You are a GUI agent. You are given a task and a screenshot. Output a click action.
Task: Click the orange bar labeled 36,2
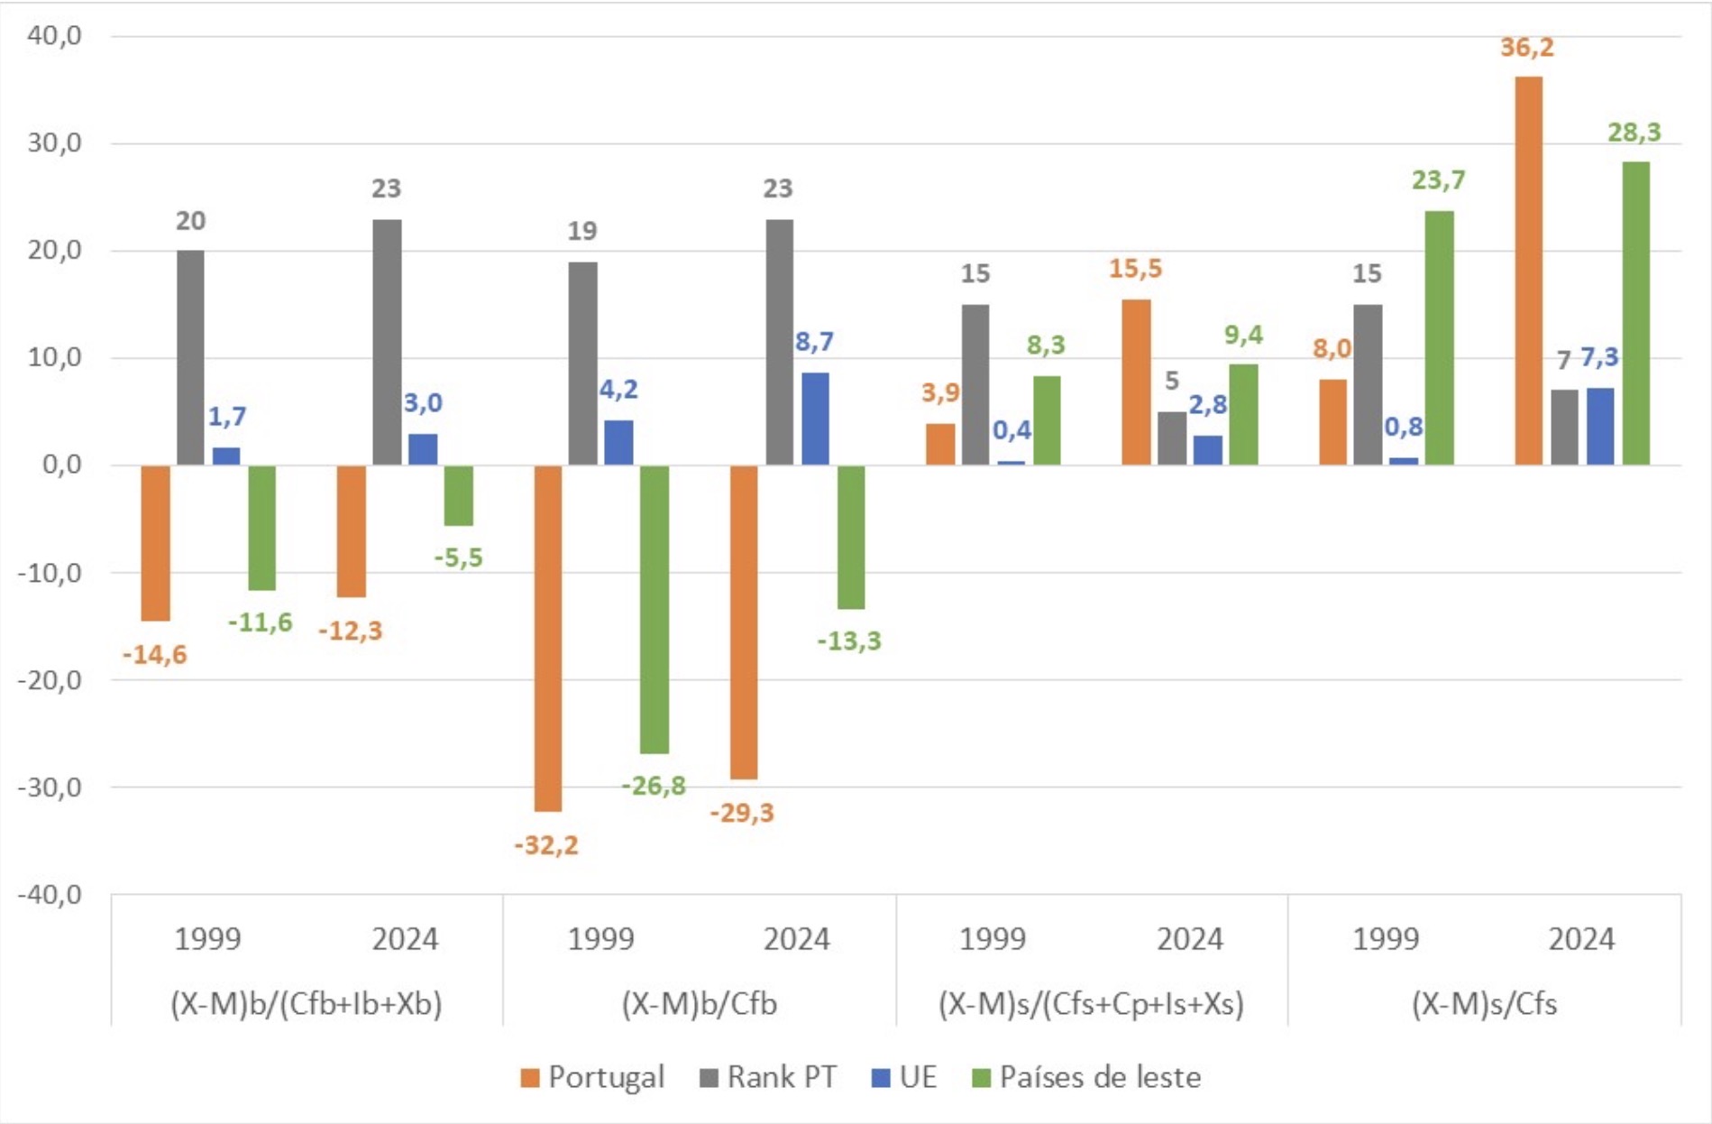tap(1528, 271)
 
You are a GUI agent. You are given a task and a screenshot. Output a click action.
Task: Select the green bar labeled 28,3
tap(1635, 313)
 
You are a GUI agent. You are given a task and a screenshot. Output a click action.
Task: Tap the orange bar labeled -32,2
tap(547, 638)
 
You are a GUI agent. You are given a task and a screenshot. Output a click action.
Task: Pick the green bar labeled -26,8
tap(655, 609)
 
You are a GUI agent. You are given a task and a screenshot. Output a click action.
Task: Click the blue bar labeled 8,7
tap(815, 419)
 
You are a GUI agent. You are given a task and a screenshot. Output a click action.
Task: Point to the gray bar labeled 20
tap(190, 357)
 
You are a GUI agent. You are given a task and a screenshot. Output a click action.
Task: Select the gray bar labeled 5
tap(1172, 438)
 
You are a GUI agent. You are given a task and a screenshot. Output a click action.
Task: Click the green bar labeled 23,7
tap(1439, 338)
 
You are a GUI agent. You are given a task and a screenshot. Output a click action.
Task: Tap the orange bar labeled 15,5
tap(1136, 382)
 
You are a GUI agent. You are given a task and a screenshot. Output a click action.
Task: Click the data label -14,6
tap(154, 655)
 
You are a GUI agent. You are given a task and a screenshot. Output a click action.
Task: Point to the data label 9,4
tap(1243, 336)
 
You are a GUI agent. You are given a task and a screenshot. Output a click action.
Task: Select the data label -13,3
tap(849, 641)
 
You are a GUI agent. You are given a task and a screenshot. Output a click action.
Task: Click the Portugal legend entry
tap(592, 1077)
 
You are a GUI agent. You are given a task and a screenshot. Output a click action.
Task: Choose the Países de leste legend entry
tap(1086, 1077)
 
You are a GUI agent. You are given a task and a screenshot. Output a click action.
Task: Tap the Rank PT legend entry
tap(768, 1077)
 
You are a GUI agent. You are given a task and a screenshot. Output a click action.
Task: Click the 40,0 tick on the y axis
tap(55, 36)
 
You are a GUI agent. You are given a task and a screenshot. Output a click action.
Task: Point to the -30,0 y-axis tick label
tap(50, 788)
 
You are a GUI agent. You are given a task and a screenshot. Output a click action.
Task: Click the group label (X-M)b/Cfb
tap(699, 1004)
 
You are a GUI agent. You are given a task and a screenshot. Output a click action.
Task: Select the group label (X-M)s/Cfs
tap(1484, 1004)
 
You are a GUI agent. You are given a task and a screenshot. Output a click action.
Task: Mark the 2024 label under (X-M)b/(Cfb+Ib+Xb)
tap(405, 940)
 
